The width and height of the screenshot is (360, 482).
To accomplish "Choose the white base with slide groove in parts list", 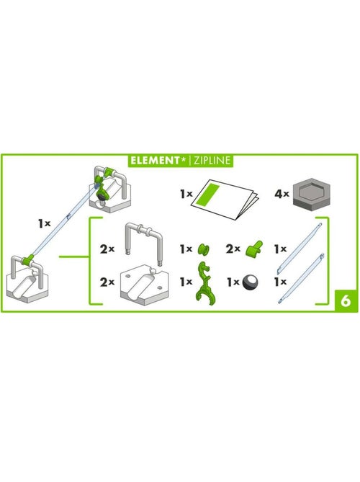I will (145, 282).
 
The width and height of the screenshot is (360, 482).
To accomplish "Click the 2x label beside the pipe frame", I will (107, 249).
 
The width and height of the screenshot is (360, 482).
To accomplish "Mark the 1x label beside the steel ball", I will (232, 282).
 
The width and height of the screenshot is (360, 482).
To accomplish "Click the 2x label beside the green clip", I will (232, 249).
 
